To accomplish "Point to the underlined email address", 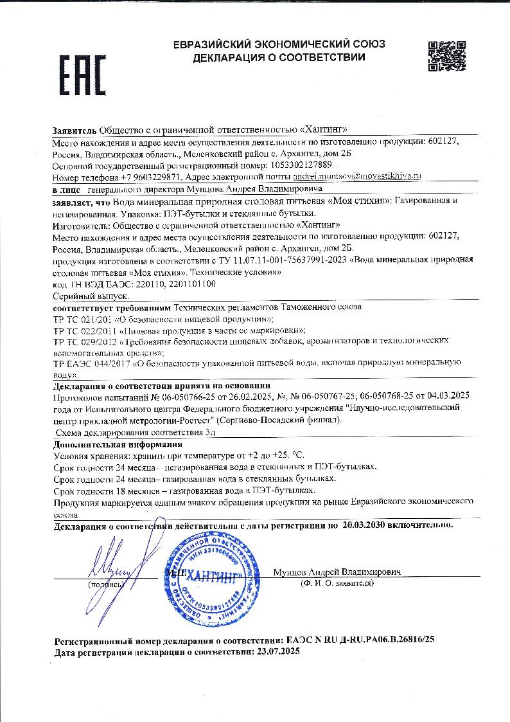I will click(x=356, y=176).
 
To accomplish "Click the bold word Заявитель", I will click(x=75, y=130).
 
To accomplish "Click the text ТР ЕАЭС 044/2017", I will click(x=91, y=364).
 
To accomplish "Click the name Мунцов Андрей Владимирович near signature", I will click(x=337, y=572).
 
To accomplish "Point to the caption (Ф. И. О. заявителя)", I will click(x=337, y=583).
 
